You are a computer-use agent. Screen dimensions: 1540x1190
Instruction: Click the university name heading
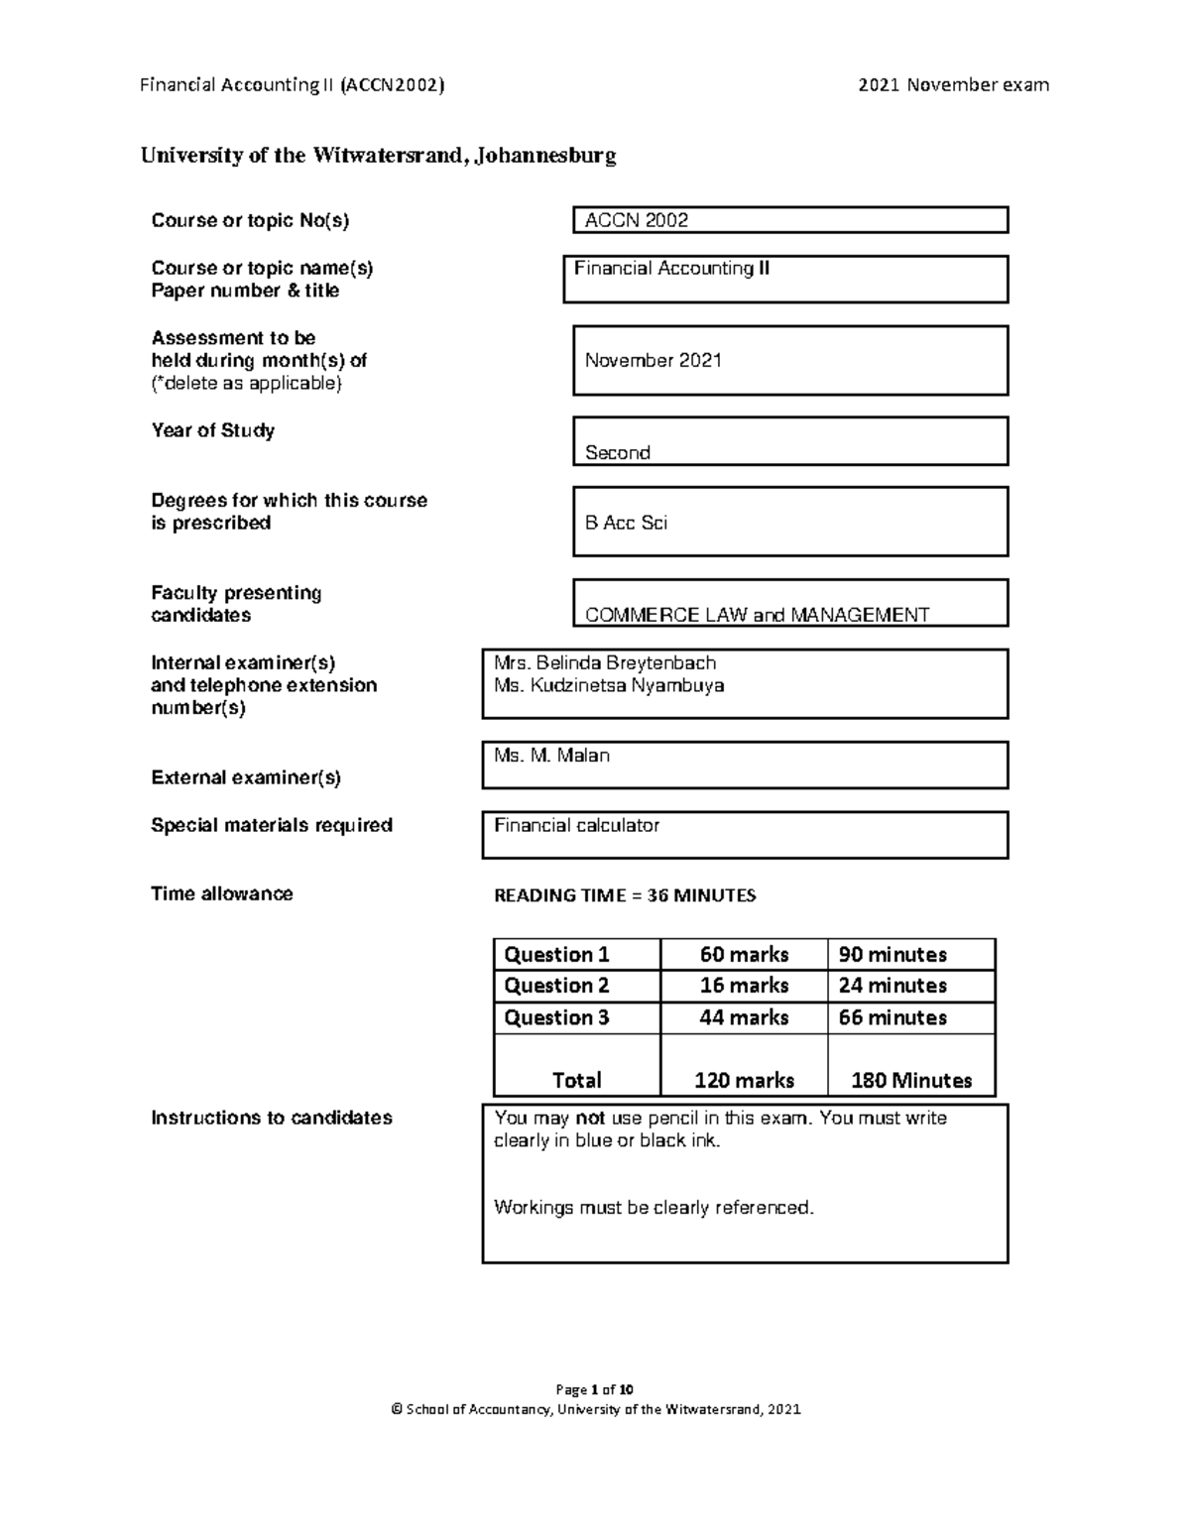pyautogui.click(x=378, y=156)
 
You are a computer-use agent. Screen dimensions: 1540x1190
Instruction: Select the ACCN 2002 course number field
pyautogui.click(x=637, y=220)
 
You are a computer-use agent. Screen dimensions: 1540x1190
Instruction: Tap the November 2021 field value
pyautogui.click(x=653, y=361)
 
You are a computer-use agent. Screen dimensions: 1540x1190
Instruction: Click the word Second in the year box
pyautogui.click(x=617, y=453)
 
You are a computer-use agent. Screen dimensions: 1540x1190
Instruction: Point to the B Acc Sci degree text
pyautogui.click(x=626, y=523)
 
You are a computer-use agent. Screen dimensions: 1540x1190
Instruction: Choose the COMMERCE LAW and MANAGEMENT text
pyautogui.click(x=757, y=615)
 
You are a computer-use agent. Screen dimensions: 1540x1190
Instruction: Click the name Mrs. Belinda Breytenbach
pyautogui.click(x=605, y=663)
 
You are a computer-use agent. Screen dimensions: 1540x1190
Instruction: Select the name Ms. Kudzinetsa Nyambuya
pyautogui.click(x=609, y=685)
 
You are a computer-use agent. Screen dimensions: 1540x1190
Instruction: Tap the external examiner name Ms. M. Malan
pyautogui.click(x=551, y=756)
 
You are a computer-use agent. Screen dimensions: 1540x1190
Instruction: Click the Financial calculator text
pyautogui.click(x=576, y=825)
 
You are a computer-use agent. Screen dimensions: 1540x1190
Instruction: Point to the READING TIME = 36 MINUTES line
pyautogui.click(x=625, y=895)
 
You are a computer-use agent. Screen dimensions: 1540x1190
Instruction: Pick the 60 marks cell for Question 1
pyautogui.click(x=744, y=955)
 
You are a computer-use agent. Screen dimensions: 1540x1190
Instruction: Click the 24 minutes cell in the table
pyautogui.click(x=892, y=986)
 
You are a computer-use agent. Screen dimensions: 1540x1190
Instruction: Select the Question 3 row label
pyautogui.click(x=556, y=1017)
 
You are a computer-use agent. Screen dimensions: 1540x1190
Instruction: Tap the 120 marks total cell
pyautogui.click(x=744, y=1080)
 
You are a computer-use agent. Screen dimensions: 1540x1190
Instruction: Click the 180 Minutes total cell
pyautogui.click(x=911, y=1080)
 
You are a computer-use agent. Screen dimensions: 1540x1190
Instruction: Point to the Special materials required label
pyautogui.click(x=272, y=825)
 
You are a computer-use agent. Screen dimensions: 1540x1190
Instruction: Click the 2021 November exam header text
pyautogui.click(x=953, y=85)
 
